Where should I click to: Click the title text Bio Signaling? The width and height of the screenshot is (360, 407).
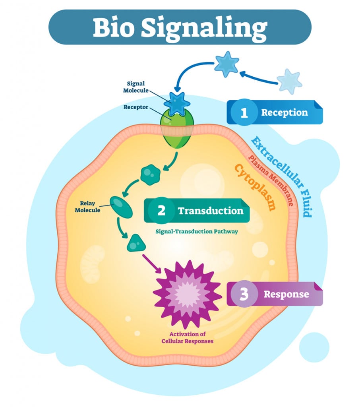click(180, 27)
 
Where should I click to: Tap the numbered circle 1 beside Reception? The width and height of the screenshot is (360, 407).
click(244, 113)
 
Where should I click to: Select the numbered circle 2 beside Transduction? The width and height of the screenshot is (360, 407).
click(161, 210)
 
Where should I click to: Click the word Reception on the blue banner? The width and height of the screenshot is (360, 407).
click(285, 112)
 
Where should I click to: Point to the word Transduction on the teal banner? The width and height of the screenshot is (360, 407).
click(211, 210)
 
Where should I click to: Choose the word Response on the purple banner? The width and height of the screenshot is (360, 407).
click(286, 295)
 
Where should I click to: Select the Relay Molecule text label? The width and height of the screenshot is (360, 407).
click(87, 207)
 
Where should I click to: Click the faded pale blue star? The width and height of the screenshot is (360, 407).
click(289, 81)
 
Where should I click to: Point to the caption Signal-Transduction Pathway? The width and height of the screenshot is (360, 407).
click(197, 231)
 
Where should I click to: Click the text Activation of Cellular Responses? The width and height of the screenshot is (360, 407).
click(187, 338)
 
